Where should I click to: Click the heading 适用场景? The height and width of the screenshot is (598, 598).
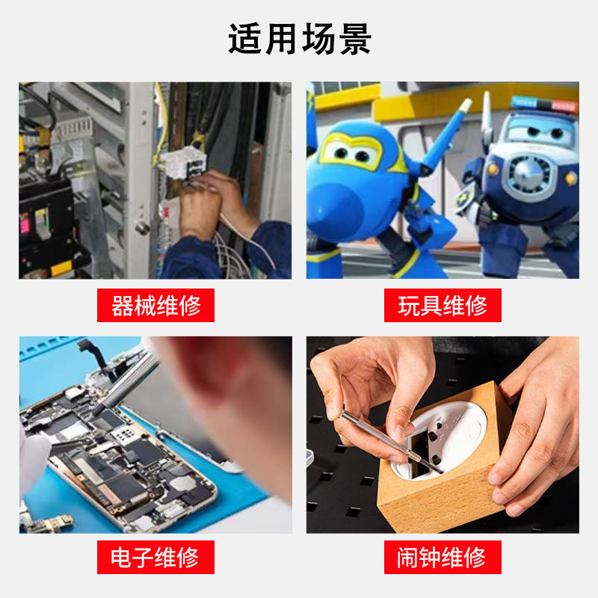pos(300,39)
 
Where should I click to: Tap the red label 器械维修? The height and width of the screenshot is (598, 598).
pos(155,305)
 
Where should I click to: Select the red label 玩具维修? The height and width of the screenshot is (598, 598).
pos(443,305)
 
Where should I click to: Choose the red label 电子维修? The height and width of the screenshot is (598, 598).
pos(155,557)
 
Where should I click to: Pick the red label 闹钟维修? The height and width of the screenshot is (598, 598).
pos(443,557)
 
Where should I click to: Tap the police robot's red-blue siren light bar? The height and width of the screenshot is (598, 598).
pos(545,104)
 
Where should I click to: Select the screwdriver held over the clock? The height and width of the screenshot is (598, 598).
pos(391,442)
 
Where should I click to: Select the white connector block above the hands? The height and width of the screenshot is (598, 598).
pos(183,163)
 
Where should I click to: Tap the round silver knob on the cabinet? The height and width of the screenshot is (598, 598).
pos(143,228)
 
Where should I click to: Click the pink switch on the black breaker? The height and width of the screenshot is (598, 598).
pos(25,223)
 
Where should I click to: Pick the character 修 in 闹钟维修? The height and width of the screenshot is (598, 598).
pos(475,557)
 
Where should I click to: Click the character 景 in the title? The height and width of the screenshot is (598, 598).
pos(354,39)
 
